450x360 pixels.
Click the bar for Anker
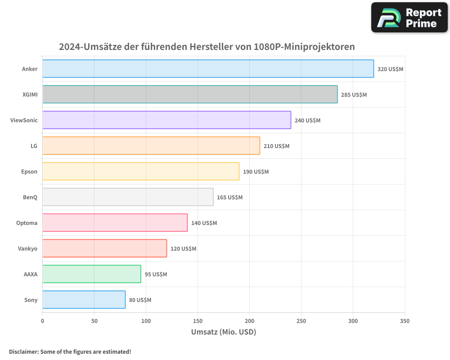point(208,69)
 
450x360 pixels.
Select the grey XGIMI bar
point(190,94)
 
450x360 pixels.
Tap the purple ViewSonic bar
point(166,120)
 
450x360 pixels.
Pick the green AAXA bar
point(92,274)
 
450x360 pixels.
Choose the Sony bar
point(84,300)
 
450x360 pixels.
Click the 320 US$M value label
point(390,69)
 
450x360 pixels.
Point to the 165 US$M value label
point(229,198)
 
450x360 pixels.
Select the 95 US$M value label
point(156,274)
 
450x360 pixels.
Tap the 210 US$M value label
point(276,146)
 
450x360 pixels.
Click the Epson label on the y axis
point(29,171)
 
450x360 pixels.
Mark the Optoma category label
point(27,223)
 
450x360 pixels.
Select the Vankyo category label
point(27,248)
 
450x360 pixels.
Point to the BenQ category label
point(30,197)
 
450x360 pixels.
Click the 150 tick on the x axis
point(198,321)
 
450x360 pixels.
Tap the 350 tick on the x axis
point(405,321)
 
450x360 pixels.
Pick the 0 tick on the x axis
point(42,321)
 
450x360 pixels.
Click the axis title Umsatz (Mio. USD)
point(223,332)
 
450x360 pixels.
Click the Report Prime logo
point(409,18)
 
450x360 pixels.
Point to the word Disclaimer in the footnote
point(23,351)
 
